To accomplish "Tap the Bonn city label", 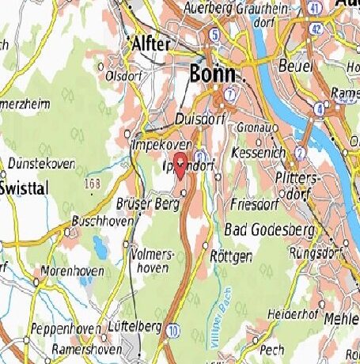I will point(213,74).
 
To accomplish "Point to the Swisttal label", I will point(25,188).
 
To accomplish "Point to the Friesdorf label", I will point(252,203).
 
